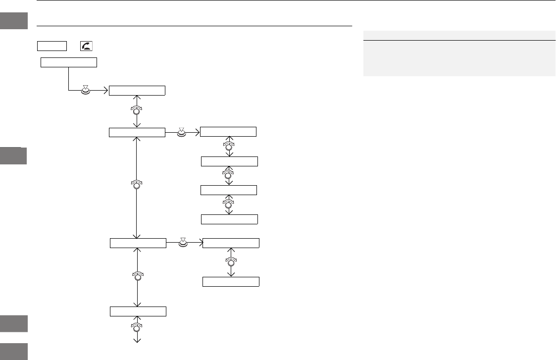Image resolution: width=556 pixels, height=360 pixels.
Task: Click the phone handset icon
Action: pyautogui.click(x=86, y=46)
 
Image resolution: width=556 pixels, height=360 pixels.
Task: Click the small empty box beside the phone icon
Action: pyautogui.click(x=51, y=46)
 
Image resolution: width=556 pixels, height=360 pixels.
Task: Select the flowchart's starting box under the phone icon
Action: pyautogui.click(x=68, y=62)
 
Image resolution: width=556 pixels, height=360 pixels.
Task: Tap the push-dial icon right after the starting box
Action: pyautogui.click(x=86, y=90)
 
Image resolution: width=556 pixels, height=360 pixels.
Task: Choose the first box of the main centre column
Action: pyautogui.click(x=137, y=90)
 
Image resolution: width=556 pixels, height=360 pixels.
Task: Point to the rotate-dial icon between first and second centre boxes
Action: pyautogui.click(x=136, y=110)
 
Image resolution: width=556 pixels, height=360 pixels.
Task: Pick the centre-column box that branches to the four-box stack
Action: pyautogui.click(x=137, y=132)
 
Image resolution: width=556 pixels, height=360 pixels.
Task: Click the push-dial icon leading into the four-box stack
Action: pyautogui.click(x=181, y=132)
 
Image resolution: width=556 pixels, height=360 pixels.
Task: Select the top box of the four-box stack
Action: pyautogui.click(x=228, y=132)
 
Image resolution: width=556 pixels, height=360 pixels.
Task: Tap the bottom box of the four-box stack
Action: pyautogui.click(x=230, y=219)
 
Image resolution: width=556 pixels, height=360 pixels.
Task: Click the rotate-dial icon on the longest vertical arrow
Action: pyautogui.click(x=136, y=184)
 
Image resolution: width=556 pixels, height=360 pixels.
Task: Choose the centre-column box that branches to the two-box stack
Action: pyautogui.click(x=138, y=243)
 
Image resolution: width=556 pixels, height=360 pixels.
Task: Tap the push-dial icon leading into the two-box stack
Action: pyautogui.click(x=184, y=243)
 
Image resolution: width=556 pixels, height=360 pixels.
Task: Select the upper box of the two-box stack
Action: pyautogui.click(x=231, y=243)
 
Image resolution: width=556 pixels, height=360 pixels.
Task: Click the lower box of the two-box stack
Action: pyautogui.click(x=231, y=282)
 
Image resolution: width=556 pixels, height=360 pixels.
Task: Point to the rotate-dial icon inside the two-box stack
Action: pyautogui.click(x=231, y=261)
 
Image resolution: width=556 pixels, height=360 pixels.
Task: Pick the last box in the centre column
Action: pyautogui.click(x=138, y=311)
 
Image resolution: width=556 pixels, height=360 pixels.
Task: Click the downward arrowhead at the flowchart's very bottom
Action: pyautogui.click(x=137, y=341)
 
